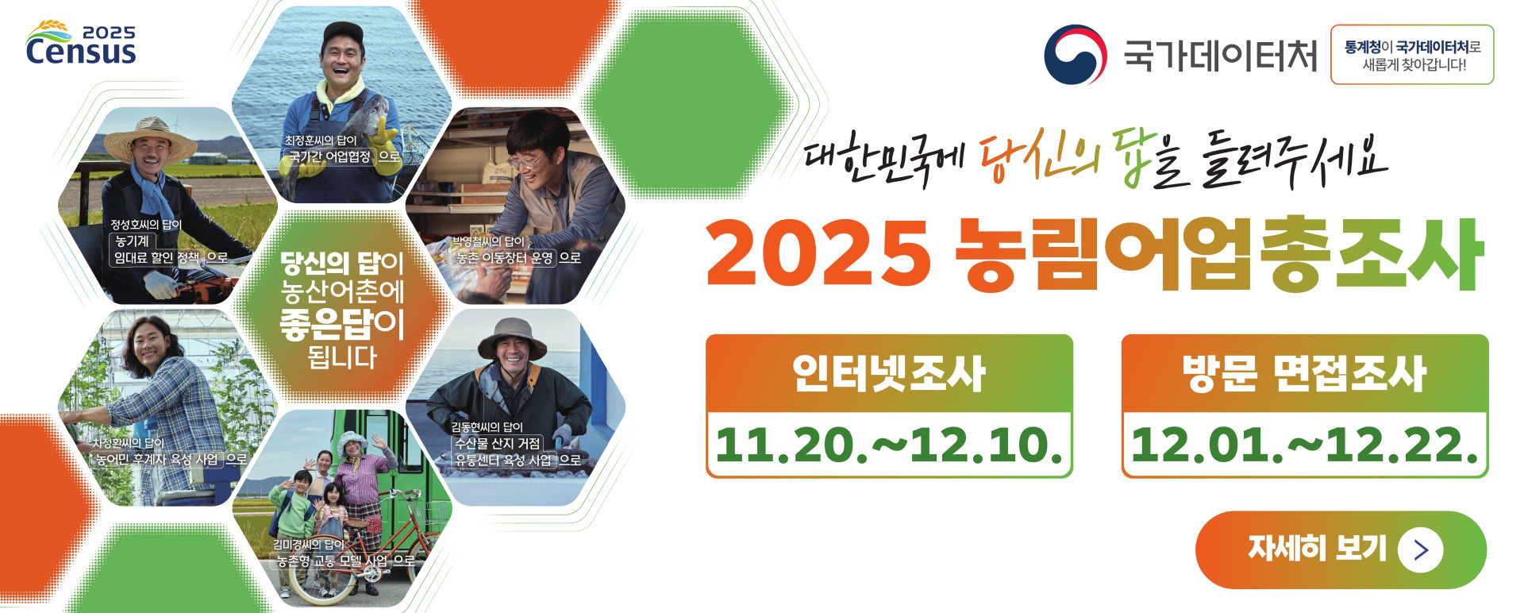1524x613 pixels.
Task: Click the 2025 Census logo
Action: tap(81, 43)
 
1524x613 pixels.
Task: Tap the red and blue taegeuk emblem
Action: tap(1075, 54)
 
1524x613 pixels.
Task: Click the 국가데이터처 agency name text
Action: tap(1219, 56)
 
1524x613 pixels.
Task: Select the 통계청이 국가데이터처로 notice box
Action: tap(1412, 55)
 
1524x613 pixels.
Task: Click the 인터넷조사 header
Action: tap(889, 374)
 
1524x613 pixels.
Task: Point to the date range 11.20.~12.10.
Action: tap(889, 445)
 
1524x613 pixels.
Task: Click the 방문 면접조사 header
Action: tap(1304, 374)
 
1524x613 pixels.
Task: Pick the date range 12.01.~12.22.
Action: tap(1304, 445)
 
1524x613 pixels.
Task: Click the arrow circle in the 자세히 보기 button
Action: tap(1420, 549)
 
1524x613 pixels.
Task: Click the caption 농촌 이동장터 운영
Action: tap(505, 258)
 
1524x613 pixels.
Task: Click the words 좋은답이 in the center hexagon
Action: tap(342, 324)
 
